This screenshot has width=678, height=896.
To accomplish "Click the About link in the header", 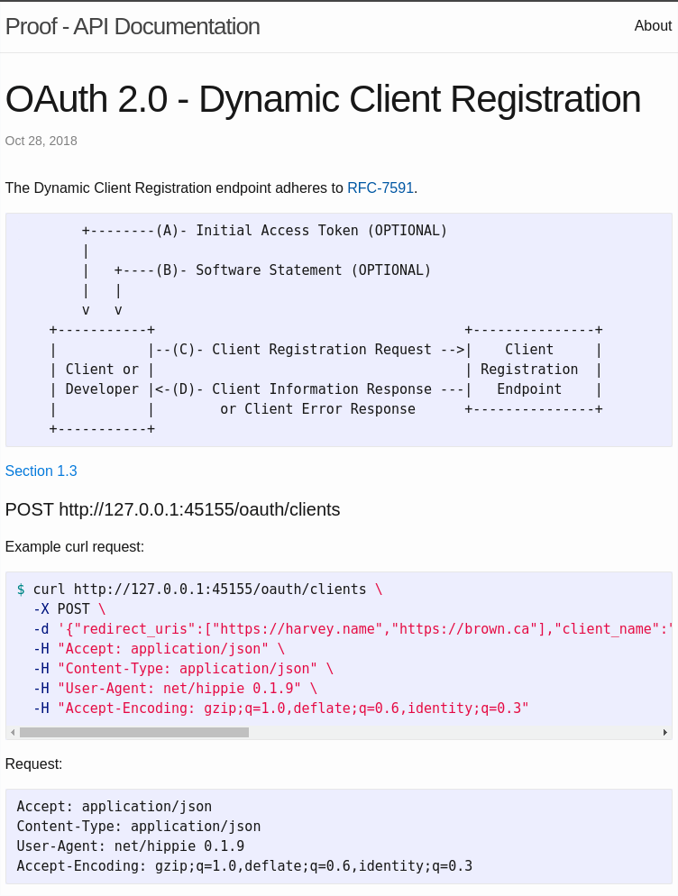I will point(653,26).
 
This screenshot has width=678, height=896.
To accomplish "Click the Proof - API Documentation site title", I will point(133,27).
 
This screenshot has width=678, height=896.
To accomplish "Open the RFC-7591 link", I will point(380,188).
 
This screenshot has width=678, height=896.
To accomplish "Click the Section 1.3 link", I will point(41,471).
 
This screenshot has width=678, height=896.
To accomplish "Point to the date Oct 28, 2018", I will point(41,141).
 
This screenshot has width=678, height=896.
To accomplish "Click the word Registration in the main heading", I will point(545,99).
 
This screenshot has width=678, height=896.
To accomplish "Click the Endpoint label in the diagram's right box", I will point(529,389).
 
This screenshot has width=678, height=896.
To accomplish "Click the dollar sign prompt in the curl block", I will point(21,590).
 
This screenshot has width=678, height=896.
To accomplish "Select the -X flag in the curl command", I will point(41,609).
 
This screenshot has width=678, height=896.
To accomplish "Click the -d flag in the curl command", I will point(41,629).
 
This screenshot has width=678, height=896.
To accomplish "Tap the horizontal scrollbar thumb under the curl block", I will point(133,733).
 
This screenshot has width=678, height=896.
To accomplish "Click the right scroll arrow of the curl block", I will point(665,733).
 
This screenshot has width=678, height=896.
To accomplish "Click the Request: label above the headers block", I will point(34,764).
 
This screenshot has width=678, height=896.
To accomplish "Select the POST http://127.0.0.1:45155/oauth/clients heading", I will point(173,509).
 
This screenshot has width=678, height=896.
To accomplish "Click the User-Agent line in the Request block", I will point(131,846).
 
